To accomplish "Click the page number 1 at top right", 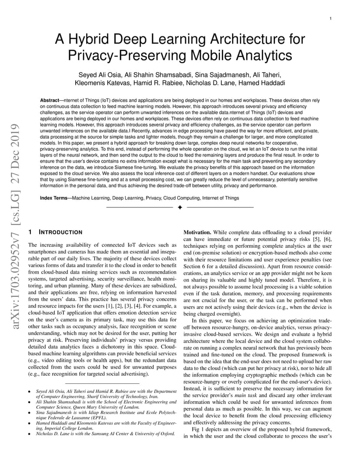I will click(x=331, y=18).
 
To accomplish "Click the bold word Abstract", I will click(x=49, y=100).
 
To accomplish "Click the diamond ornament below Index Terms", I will click(x=180, y=207).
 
